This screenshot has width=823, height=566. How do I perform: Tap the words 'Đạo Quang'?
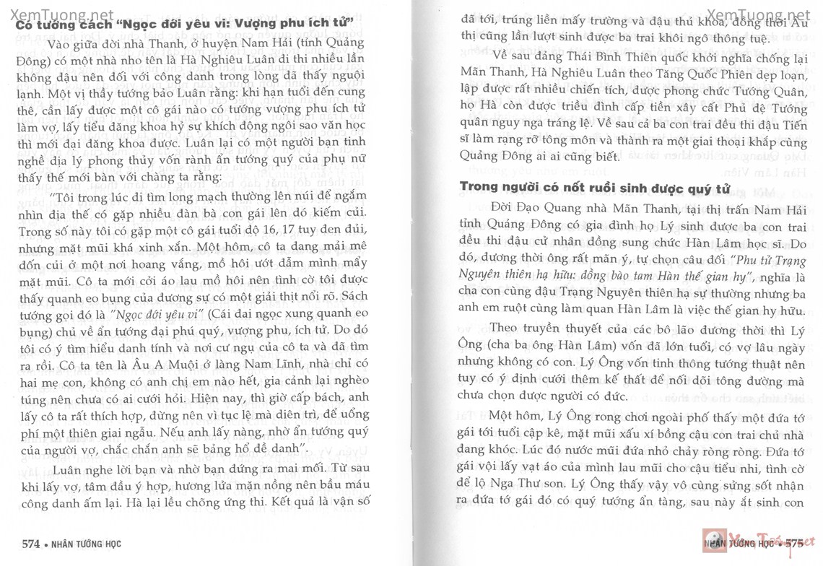(524, 209)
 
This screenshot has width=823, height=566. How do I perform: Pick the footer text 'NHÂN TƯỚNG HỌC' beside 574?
(91, 543)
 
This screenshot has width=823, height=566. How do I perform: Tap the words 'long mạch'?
(205, 196)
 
